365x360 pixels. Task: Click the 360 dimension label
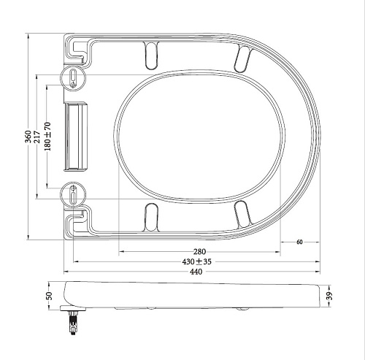click(x=28, y=137)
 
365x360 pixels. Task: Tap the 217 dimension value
click(x=37, y=137)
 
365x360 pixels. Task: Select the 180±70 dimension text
click(x=48, y=137)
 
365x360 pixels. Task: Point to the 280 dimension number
click(x=199, y=251)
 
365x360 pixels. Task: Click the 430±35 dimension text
click(x=197, y=261)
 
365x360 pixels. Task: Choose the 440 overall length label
click(x=196, y=272)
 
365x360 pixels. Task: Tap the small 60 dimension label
click(x=299, y=242)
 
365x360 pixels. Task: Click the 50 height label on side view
click(x=49, y=296)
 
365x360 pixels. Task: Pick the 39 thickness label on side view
click(x=329, y=296)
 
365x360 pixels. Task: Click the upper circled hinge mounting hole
click(x=73, y=78)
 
